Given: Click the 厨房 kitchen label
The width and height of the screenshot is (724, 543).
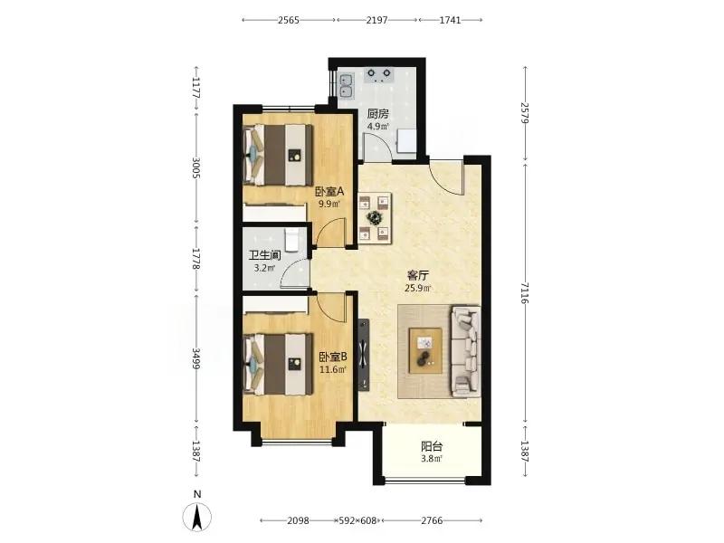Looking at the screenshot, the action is [x=377, y=114].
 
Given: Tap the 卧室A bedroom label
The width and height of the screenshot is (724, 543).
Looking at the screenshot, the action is [x=330, y=191].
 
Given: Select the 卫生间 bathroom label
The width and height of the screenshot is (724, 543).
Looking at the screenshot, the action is [x=264, y=255].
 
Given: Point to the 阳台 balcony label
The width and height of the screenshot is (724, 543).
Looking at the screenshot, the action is [x=432, y=446].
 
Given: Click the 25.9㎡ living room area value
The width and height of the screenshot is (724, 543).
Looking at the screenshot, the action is [x=418, y=289].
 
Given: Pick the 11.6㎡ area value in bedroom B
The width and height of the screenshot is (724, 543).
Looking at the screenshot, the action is [x=333, y=369].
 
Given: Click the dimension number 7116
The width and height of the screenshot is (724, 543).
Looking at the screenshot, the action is [x=524, y=293].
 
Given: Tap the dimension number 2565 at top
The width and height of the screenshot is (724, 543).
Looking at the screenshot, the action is [x=289, y=20].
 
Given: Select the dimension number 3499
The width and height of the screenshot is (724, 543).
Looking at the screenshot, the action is [x=196, y=358].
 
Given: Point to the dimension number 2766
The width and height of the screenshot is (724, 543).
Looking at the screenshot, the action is [x=432, y=520].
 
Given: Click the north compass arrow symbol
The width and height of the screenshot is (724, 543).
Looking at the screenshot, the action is [x=197, y=516].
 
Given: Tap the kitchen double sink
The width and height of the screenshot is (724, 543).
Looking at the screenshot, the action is [x=347, y=86].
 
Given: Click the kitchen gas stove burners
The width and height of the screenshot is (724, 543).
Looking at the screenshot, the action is [x=379, y=75].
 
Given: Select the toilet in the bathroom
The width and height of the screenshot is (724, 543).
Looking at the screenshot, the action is [x=291, y=240].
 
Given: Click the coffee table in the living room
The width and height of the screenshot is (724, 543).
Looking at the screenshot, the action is [x=425, y=350].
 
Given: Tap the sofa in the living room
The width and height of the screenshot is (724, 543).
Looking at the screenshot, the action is [x=465, y=351].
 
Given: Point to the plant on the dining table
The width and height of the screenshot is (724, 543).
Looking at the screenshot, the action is [x=373, y=216].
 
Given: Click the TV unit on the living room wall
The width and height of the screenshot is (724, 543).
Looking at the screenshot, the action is [x=364, y=354].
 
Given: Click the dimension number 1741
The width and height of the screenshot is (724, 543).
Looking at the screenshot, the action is [x=450, y=20].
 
